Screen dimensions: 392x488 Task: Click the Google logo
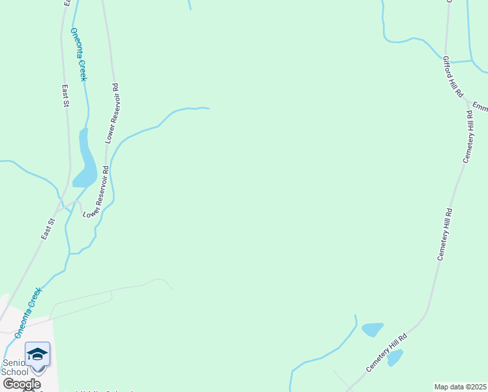coord(21,384)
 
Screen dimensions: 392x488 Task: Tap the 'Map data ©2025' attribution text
coord(461,387)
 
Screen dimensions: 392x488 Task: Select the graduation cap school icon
coord(37,354)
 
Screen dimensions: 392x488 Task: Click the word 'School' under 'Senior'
coord(14,372)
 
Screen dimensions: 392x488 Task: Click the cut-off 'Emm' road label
coord(480,106)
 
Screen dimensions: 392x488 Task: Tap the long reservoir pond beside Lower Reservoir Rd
coord(85,160)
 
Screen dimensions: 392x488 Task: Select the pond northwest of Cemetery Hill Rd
coord(372,329)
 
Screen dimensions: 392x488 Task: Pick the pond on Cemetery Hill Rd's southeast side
coord(394,357)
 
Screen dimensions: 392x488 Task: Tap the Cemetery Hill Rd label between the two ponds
coord(387,353)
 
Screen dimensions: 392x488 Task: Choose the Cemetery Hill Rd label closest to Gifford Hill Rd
coord(468,137)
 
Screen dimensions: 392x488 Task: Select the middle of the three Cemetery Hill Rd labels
coord(444,235)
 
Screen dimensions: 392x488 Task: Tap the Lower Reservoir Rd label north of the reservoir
coord(112,114)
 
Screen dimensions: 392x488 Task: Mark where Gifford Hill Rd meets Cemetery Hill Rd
coord(466,101)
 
